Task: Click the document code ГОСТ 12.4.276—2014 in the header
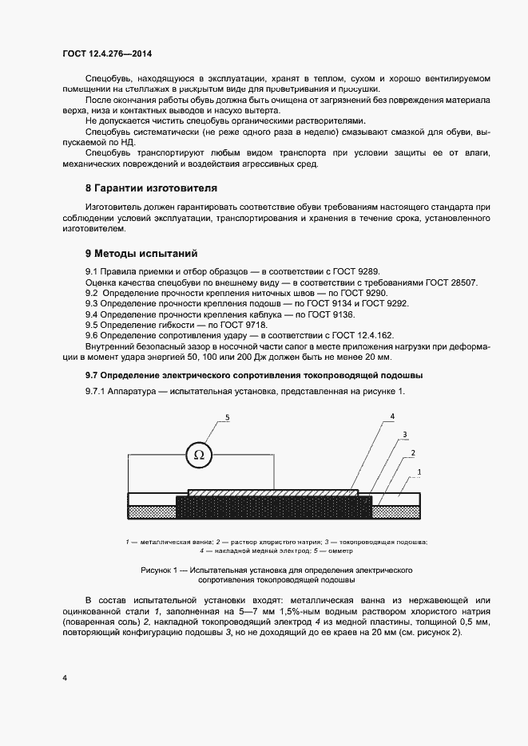[106, 53]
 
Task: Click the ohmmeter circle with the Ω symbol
[199, 456]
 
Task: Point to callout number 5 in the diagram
[228, 417]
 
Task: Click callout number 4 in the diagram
[393, 416]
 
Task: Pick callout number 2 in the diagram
[412, 452]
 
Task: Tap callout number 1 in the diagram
[420, 472]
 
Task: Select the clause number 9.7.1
[97, 391]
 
